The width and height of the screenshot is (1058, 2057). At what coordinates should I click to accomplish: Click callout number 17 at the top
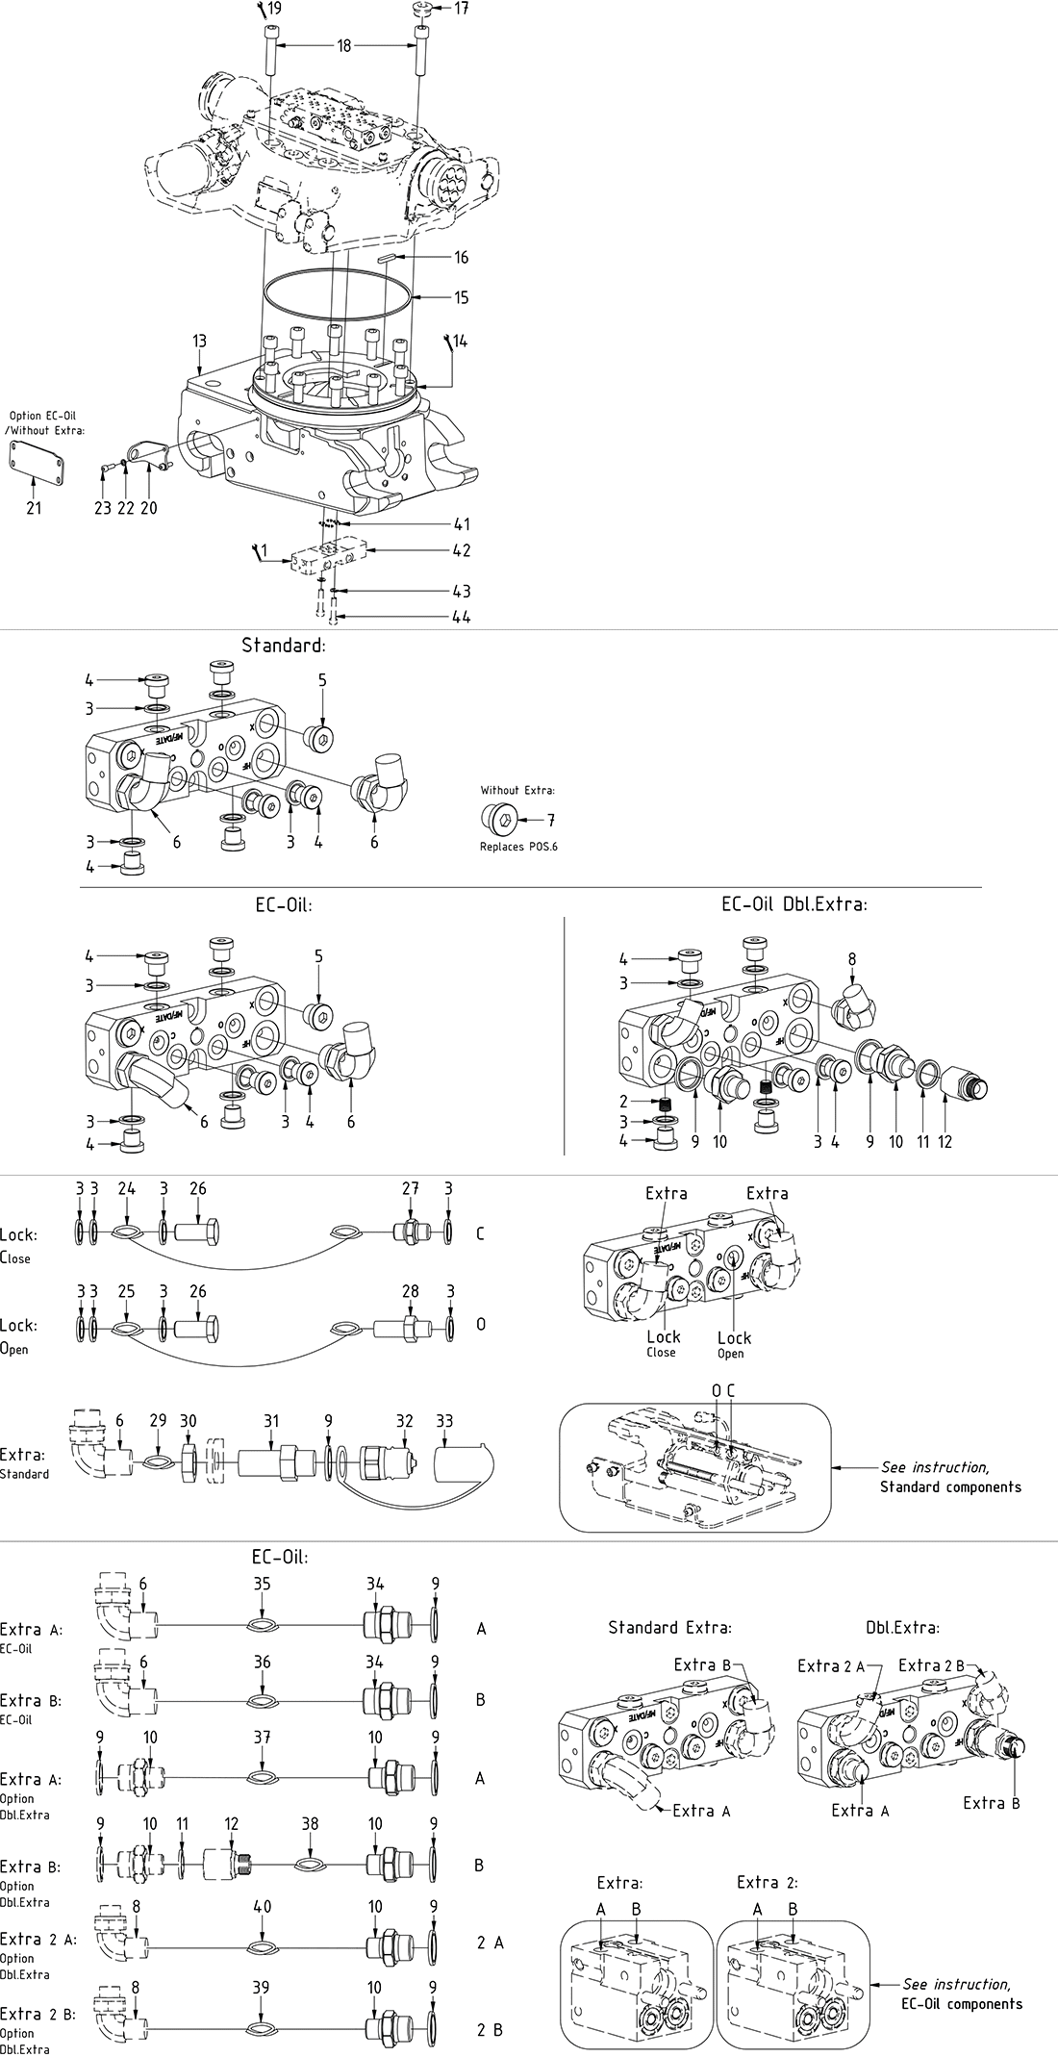[462, 9]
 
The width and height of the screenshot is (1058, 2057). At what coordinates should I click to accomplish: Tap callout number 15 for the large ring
[462, 297]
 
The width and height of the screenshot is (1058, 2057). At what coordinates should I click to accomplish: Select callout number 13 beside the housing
[199, 341]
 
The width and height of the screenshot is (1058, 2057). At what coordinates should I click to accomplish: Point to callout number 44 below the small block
[462, 617]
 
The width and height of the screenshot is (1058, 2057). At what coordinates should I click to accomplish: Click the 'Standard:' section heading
[284, 645]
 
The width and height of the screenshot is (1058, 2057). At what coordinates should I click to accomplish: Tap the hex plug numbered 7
[498, 819]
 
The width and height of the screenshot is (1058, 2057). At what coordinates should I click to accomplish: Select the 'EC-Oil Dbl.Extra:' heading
[794, 904]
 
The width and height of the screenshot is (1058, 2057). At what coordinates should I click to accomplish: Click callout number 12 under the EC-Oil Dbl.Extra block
[945, 1142]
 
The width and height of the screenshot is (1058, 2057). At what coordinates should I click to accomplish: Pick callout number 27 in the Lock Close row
[411, 1188]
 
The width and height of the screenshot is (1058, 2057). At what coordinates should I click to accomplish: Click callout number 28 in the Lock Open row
[411, 1291]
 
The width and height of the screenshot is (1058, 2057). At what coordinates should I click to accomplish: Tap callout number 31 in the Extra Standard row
[272, 1421]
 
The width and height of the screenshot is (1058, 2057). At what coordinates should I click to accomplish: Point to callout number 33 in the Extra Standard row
[444, 1421]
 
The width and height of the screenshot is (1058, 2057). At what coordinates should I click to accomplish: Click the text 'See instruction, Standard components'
[950, 1477]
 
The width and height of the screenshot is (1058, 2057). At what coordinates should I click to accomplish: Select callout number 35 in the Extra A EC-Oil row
[262, 1584]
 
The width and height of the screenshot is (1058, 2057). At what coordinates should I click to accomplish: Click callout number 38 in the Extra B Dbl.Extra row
[310, 1823]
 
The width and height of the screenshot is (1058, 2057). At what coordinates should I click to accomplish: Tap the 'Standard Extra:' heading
[669, 1628]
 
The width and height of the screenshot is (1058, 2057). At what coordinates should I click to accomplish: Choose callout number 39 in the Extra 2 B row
[262, 1988]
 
